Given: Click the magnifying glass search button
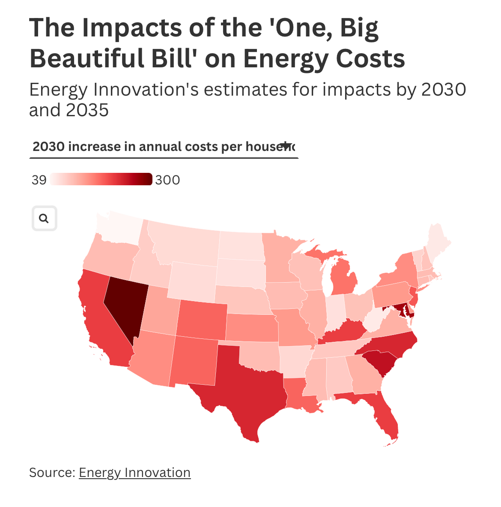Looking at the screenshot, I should point(44,219).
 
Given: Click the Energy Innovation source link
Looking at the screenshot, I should point(134,472).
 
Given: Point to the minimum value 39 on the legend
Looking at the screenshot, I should point(39,180).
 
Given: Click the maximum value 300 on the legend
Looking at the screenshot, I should point(167,180).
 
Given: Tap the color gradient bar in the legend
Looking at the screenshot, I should point(101,179).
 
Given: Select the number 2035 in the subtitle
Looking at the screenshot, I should point(87,110).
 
